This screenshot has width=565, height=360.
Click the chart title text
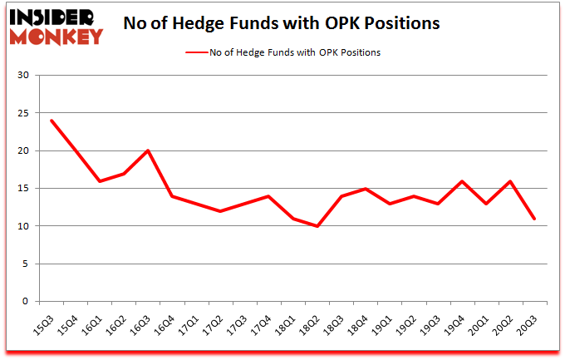pyautogui.click(x=281, y=23)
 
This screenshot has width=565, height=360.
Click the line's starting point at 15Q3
pyautogui.click(x=52, y=121)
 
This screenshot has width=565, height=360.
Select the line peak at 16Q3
pyautogui.click(x=148, y=150)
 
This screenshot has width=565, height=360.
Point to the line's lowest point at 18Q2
pyautogui.click(x=317, y=226)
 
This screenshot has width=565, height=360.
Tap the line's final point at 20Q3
pyautogui.click(x=534, y=219)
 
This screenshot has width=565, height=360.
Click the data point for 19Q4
pyautogui.click(x=462, y=181)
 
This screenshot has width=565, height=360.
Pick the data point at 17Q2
pyautogui.click(x=220, y=211)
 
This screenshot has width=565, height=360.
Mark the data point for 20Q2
pyautogui.click(x=510, y=181)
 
